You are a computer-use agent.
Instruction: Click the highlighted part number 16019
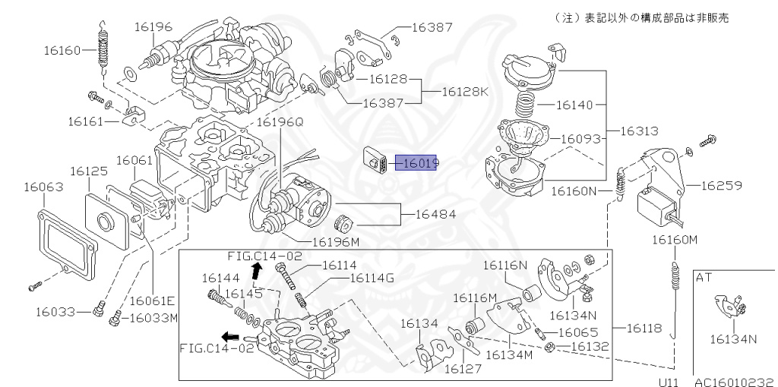(x=421, y=163)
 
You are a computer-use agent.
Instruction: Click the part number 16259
(x=721, y=184)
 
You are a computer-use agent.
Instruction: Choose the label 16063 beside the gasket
(x=42, y=185)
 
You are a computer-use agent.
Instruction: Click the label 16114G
(x=372, y=278)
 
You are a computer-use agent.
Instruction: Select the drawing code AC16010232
(x=733, y=382)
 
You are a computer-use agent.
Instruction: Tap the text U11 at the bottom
(x=669, y=382)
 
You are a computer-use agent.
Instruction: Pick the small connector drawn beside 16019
(x=378, y=159)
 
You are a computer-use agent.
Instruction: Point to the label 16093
(x=581, y=139)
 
